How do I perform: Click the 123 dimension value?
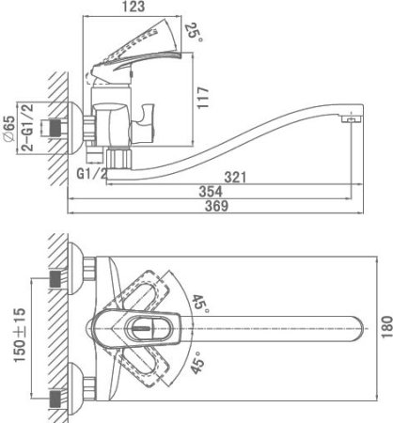[134, 7]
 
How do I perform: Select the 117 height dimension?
[203, 98]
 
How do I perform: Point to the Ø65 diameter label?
[9, 129]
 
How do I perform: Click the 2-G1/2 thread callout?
[28, 127]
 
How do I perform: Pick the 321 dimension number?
[235, 178]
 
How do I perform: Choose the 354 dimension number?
[211, 192]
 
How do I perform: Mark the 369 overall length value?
[217, 206]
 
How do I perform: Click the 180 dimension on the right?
[386, 327]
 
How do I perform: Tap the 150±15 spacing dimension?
[20, 335]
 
